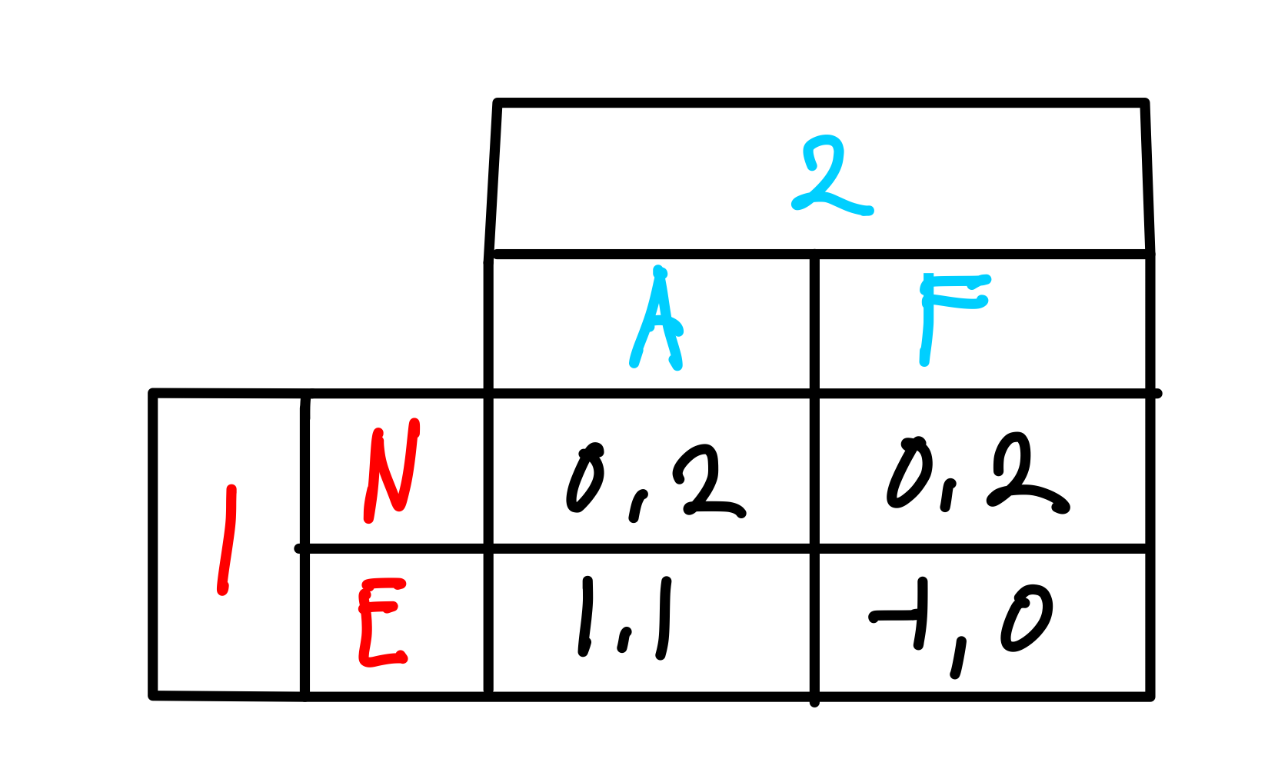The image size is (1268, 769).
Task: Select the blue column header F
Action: pyautogui.click(x=946, y=315)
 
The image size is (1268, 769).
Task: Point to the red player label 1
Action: pyautogui.click(x=226, y=540)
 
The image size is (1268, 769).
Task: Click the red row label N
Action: pyautogui.click(x=392, y=471)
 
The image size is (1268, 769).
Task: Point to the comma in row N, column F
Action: pyautogui.click(x=948, y=496)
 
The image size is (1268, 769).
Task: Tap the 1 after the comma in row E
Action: pyautogui.click(x=664, y=619)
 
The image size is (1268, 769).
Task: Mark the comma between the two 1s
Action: pyautogui.click(x=624, y=641)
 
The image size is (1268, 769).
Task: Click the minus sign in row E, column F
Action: pyautogui.click(x=892, y=616)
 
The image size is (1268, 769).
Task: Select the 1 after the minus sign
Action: pyautogui.click(x=921, y=614)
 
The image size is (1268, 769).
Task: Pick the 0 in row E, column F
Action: pyautogui.click(x=1027, y=619)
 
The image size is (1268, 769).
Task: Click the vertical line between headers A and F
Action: pyautogui.click(x=814, y=323)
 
